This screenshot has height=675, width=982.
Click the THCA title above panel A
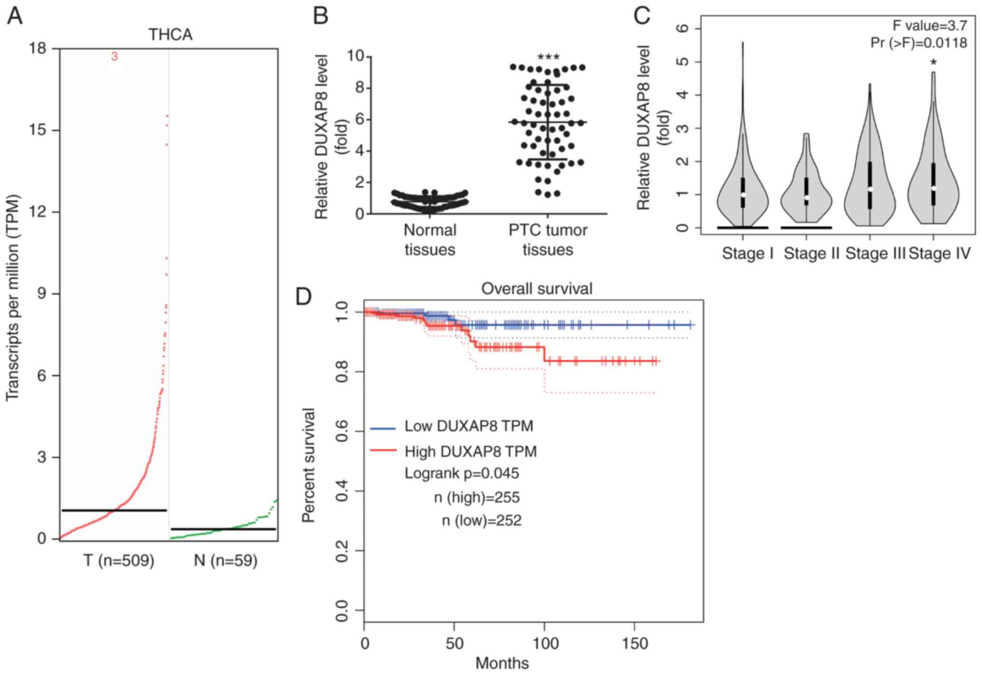[170, 35]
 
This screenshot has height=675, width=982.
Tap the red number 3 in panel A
[114, 56]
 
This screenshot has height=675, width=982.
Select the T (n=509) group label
[119, 561]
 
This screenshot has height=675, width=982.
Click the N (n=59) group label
[226, 561]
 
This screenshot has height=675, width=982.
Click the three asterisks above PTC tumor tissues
[549, 57]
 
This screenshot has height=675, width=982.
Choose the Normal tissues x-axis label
[430, 239]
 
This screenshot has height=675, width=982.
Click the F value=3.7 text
[929, 26]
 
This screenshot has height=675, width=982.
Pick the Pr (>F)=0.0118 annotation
[919, 43]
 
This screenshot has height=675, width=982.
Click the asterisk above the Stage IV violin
[934, 63]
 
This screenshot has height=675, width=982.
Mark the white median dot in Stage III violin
[870, 189]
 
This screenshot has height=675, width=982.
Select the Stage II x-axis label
[811, 253]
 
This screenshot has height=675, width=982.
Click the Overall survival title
[536, 289]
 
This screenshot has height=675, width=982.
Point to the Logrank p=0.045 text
[462, 473]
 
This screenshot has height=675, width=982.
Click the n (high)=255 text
[477, 497]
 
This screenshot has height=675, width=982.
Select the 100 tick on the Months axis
[545, 644]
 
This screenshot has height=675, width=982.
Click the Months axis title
[502, 663]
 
